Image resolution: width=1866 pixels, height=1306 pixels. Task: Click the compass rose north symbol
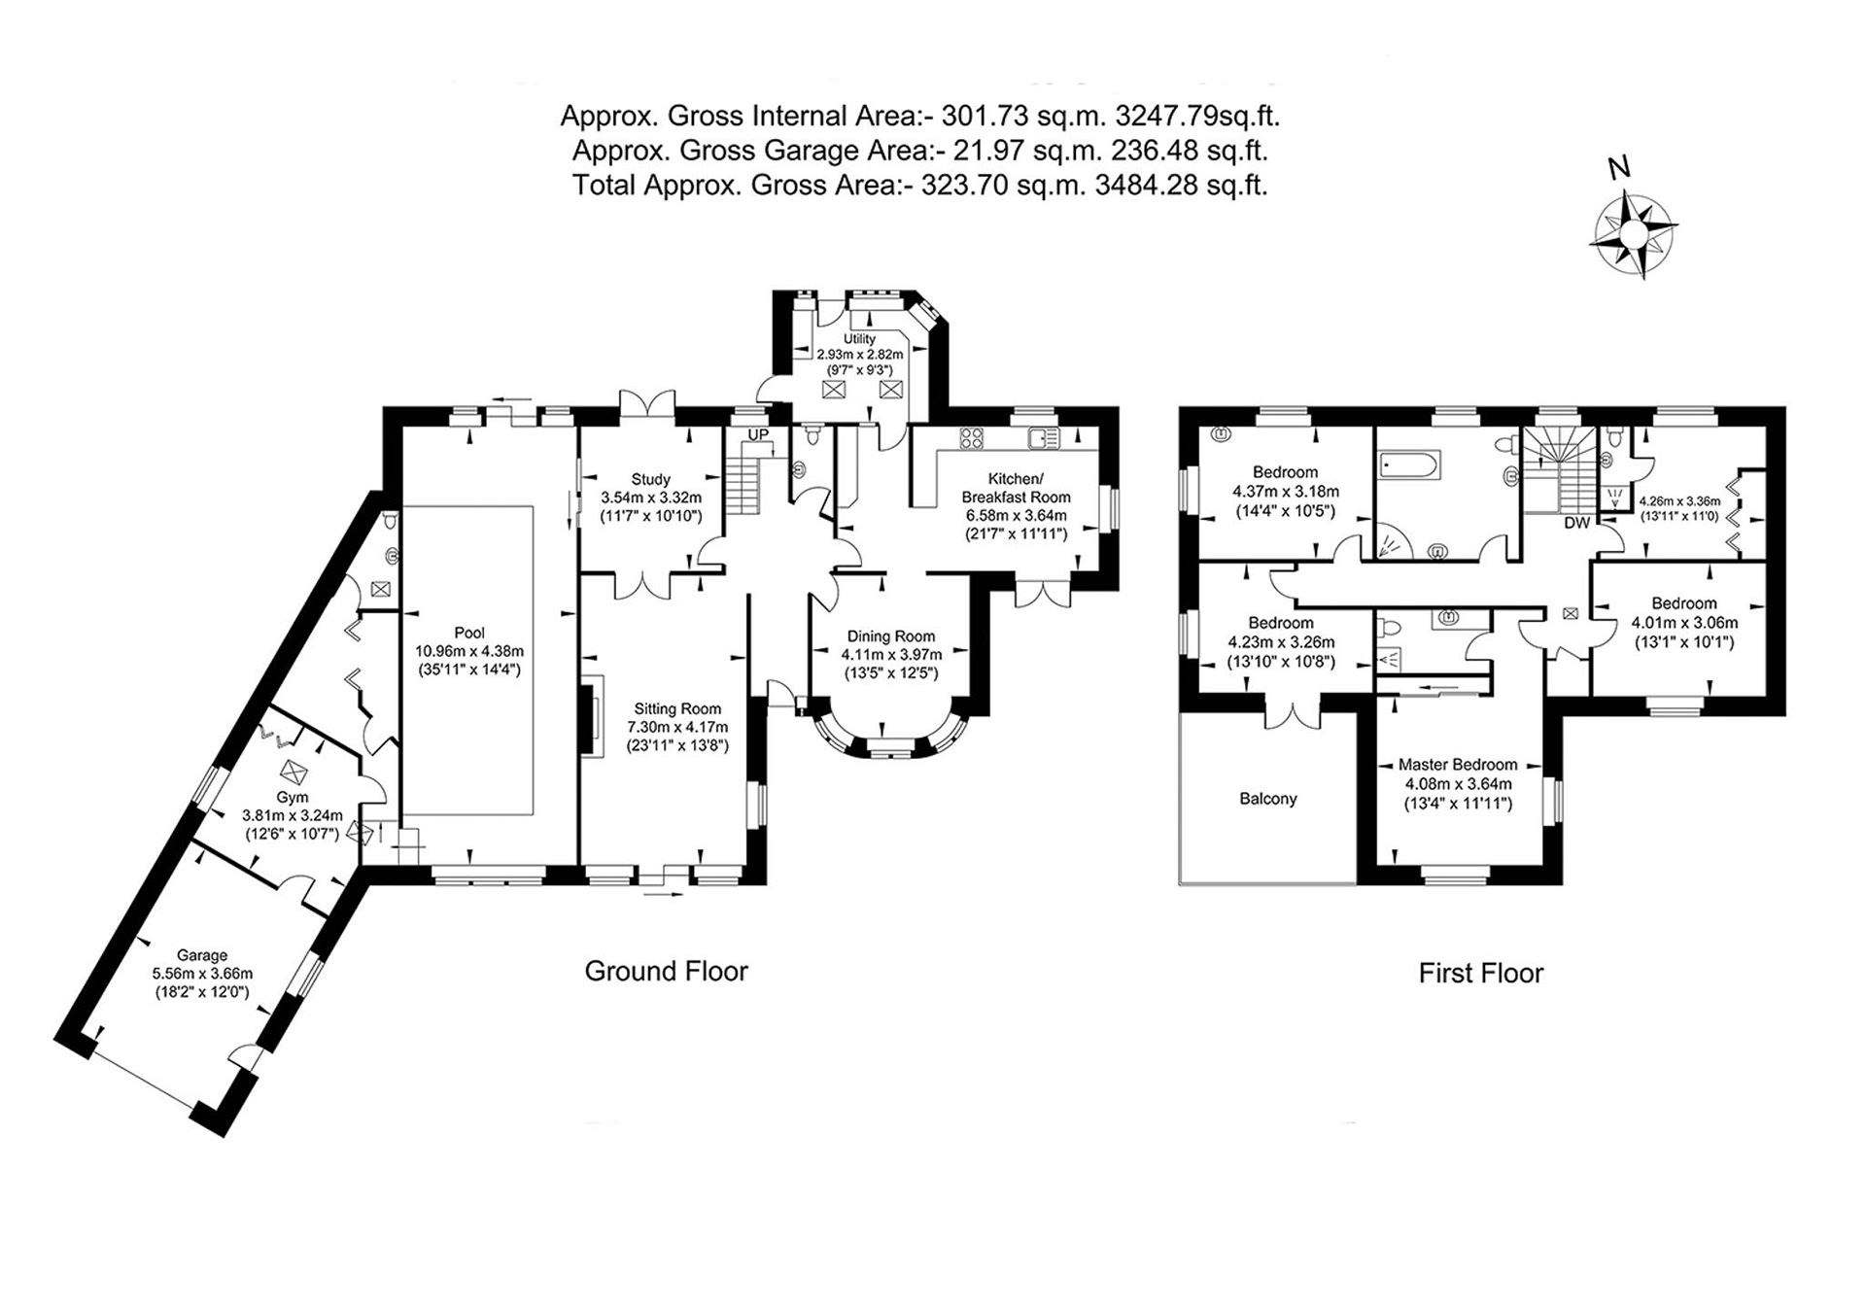pos(1634,234)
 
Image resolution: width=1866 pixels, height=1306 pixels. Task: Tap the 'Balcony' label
pos(1268,799)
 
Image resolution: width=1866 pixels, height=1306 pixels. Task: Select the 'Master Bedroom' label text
pos(1458,765)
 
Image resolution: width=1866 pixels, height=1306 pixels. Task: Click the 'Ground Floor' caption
pos(667,971)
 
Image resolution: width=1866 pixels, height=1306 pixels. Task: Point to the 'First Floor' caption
pos(1481,973)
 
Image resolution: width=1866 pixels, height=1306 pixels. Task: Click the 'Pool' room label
pos(469,633)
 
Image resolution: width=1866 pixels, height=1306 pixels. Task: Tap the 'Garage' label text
pos(202,955)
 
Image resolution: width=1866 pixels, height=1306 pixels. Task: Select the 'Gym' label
pos(293,798)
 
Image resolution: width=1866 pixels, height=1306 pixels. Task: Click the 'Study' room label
pos(651,479)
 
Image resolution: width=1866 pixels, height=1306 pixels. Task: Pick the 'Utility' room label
pos(859,339)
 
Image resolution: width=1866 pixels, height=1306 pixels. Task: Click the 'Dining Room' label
pos(891,636)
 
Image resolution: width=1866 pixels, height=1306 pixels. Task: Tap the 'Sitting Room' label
pos(678,709)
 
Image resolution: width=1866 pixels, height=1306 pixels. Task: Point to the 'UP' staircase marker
pos(758,434)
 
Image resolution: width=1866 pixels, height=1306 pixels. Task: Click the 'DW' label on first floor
pos(1577,523)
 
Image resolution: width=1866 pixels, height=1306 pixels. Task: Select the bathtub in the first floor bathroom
pos(1410,465)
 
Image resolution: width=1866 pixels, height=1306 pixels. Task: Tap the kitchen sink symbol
pos(1044,438)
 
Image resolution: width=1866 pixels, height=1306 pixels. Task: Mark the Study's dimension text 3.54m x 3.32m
pos(651,498)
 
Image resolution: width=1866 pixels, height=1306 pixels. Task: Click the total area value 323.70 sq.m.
pos(1002,185)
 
